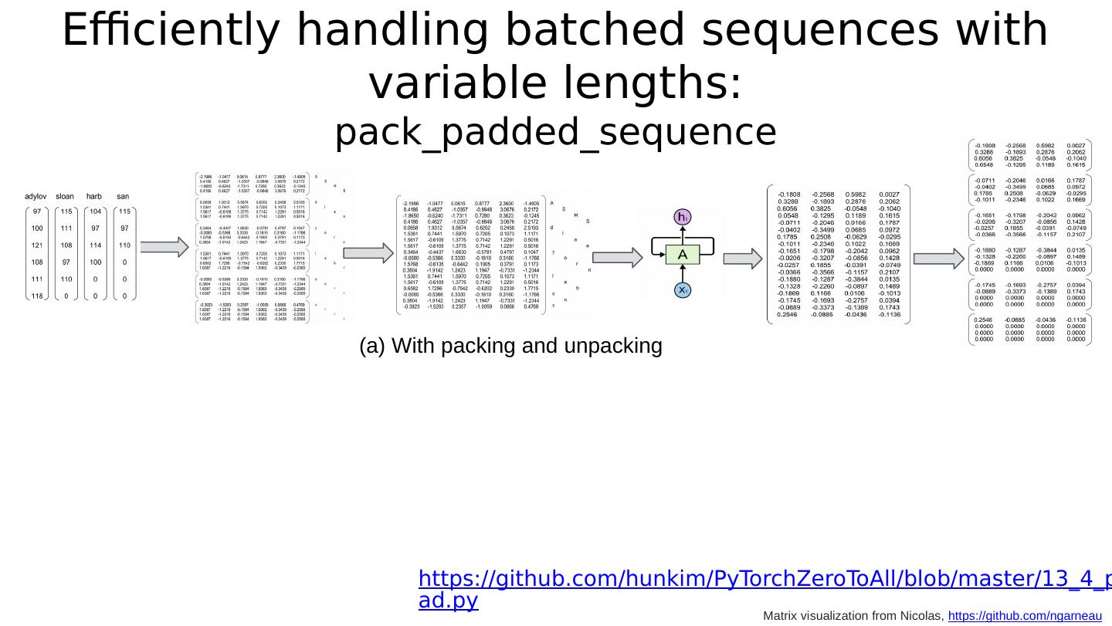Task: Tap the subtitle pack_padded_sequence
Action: pos(555,133)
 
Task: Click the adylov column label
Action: pos(36,197)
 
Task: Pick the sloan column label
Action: pos(65,197)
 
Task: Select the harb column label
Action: pos(94,197)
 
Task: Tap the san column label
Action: pos(123,197)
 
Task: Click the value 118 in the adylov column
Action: pos(37,296)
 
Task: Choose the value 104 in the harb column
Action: pos(95,211)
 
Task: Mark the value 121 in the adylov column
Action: pos(37,245)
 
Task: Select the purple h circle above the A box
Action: pos(683,218)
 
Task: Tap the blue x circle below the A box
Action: pos(683,290)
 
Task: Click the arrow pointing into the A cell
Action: pos(626,258)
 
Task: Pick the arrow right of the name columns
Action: pos(165,247)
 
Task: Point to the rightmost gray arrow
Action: pos(939,258)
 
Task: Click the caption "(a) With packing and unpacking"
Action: pos(510,347)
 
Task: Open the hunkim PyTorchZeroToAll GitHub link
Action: pos(764,579)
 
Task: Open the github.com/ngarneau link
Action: pos(1024,615)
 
